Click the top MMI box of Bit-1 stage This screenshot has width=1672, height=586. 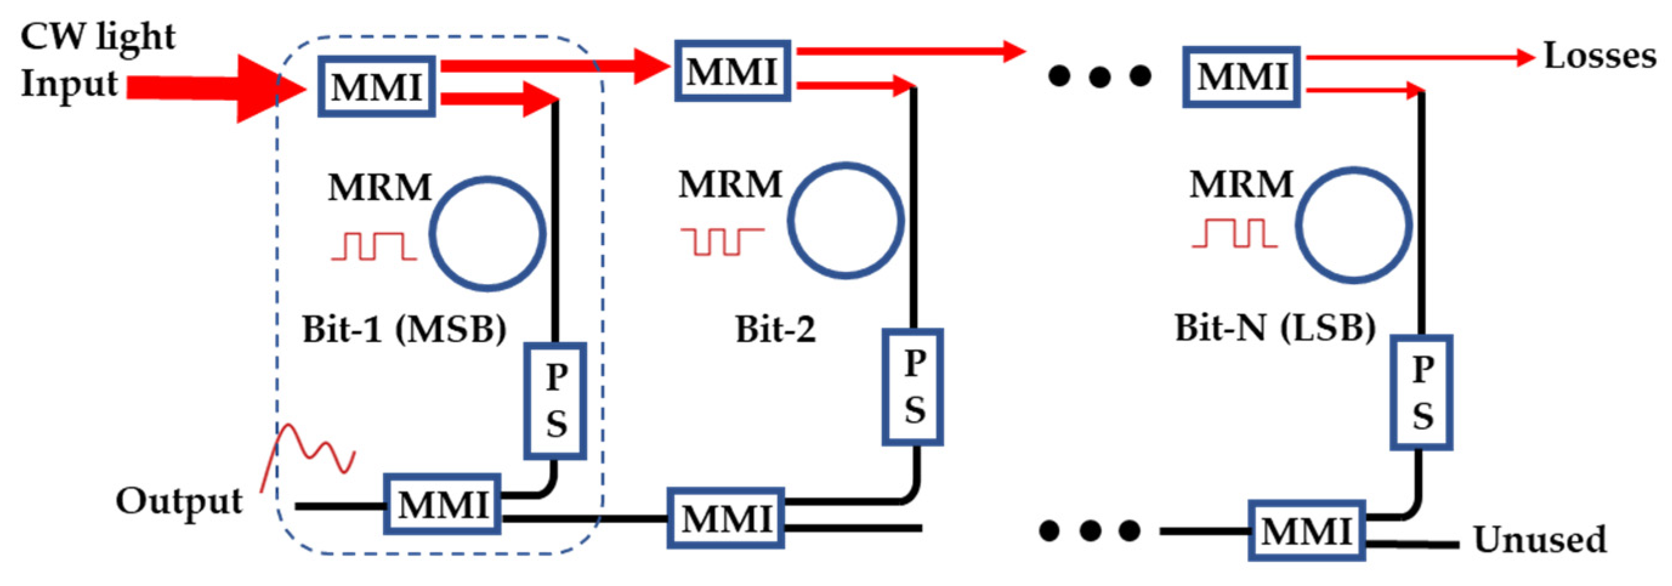(376, 87)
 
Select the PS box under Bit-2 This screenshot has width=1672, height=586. (912, 387)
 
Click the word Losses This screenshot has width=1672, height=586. (1599, 56)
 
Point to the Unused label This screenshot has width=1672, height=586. (1540, 539)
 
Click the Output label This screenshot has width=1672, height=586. (179, 501)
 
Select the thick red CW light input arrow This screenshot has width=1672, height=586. (208, 88)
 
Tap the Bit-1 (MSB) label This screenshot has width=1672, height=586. (404, 329)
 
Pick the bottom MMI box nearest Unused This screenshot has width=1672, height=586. (1306, 531)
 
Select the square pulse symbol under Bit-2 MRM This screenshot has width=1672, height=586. (721, 241)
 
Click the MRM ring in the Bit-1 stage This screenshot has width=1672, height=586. (487, 234)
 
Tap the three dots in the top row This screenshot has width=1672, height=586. (1100, 76)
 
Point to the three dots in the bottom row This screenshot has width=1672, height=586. (1090, 531)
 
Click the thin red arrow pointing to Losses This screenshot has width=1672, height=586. (1415, 58)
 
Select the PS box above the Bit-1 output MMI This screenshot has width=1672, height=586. (555, 401)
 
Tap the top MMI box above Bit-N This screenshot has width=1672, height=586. (1241, 76)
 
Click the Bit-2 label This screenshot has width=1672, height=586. (775, 329)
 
